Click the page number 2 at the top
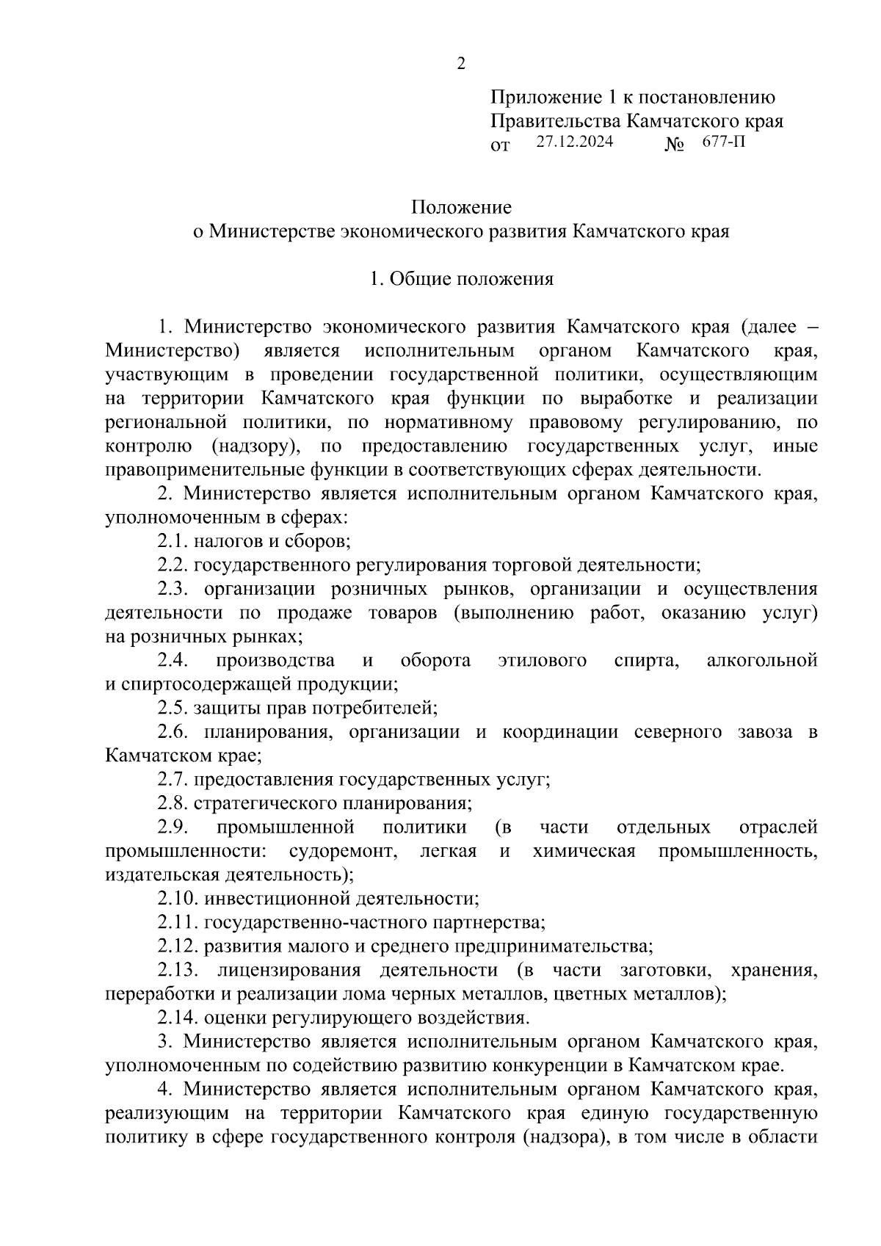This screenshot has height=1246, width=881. [x=461, y=64]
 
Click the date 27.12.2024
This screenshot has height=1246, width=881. [x=574, y=142]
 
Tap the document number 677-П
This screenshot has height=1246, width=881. [x=723, y=142]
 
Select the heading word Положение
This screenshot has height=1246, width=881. [x=461, y=208]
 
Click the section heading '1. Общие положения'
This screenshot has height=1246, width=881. [x=461, y=279]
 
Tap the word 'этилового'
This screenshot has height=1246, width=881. [x=542, y=661]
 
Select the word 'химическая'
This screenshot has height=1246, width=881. [x=584, y=851]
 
